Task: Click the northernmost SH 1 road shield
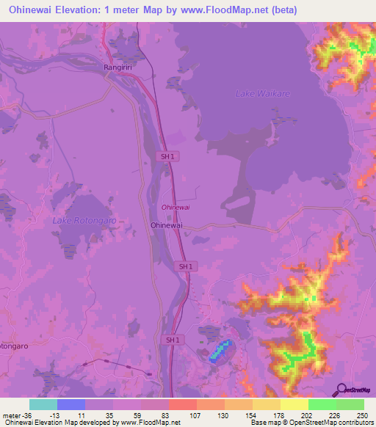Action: [x=168, y=156]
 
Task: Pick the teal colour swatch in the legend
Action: [x=43, y=404]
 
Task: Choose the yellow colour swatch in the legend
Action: [x=294, y=404]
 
